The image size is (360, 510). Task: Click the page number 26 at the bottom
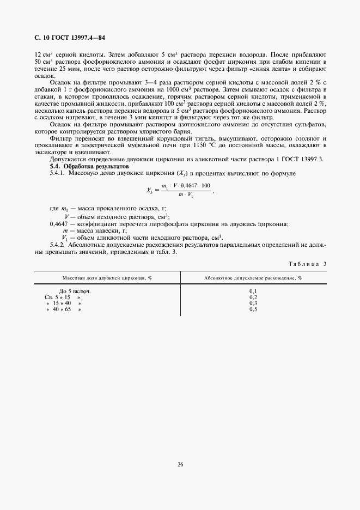180,465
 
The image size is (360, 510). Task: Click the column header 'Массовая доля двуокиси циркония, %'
107,277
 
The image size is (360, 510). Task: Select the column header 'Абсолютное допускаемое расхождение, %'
253,277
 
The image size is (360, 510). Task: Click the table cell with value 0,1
253,292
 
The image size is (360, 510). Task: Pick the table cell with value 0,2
253,297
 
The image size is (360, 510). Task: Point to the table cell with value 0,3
253,303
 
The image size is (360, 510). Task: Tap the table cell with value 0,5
253,309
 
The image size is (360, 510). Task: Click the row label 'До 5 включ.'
75,292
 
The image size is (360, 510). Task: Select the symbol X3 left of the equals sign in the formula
151,190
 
